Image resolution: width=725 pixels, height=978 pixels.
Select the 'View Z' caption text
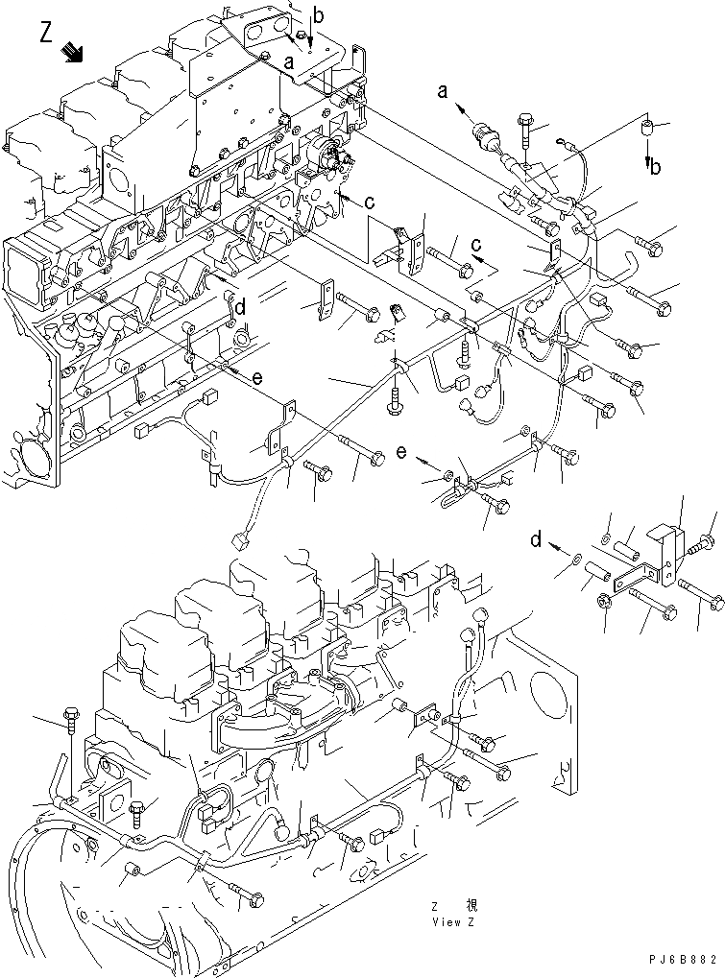pyautogui.click(x=452, y=922)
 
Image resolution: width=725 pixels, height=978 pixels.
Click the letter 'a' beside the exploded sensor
pyautogui.click(x=443, y=92)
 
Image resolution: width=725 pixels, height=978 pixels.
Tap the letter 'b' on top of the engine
pyautogui.click(x=319, y=16)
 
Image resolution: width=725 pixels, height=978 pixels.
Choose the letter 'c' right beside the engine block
pyautogui.click(x=369, y=202)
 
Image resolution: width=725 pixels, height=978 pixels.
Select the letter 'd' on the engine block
pyautogui.click(x=241, y=308)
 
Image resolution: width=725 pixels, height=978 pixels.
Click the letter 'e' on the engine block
pyautogui.click(x=257, y=378)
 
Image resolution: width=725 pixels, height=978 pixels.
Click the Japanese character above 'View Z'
pyautogui.click(x=471, y=906)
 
